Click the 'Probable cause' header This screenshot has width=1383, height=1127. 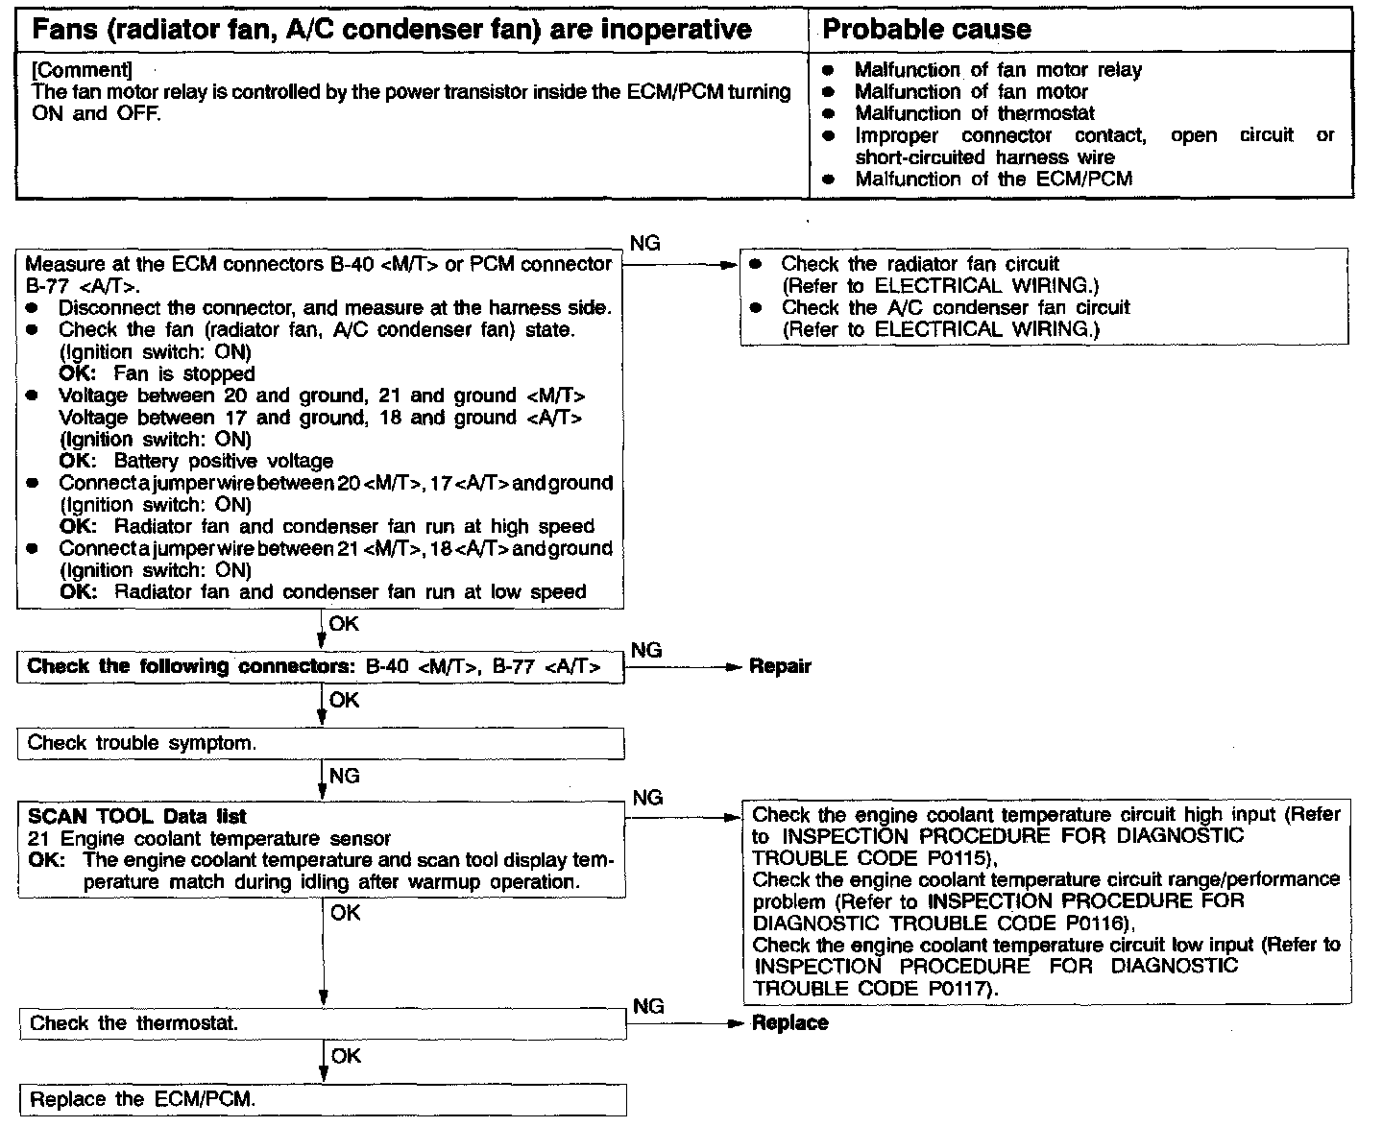[x=926, y=30]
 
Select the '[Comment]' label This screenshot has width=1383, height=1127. [x=82, y=70]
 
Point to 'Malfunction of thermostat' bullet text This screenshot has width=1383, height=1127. [x=974, y=113]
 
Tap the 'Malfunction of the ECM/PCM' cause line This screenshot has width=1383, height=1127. [x=993, y=179]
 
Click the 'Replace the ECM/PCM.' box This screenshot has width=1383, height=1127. [x=143, y=1099]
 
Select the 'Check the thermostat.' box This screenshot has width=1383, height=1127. [x=133, y=1023]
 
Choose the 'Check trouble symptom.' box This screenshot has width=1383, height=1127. [x=141, y=743]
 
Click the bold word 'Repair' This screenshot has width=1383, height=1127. [x=780, y=666]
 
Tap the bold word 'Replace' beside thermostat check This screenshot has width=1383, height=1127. [x=789, y=1023]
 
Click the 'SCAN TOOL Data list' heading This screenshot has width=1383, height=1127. [x=136, y=817]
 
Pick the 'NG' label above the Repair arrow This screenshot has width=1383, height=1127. [x=646, y=650]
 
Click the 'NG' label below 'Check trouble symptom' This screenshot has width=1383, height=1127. [x=344, y=775]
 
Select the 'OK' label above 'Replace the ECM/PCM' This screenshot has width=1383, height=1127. [x=346, y=1056]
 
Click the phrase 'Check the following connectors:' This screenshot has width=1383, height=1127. [x=191, y=667]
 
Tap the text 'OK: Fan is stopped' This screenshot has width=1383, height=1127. [x=158, y=374]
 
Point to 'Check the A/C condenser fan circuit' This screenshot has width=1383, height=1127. [x=956, y=308]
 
